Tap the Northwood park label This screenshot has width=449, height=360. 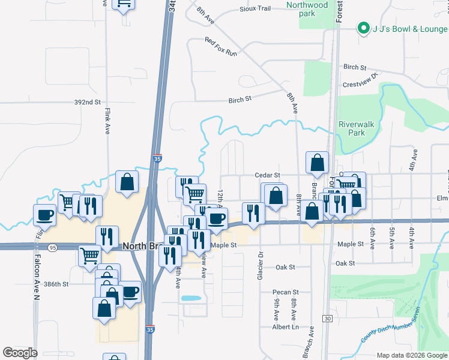pyautogui.click(x=315, y=9)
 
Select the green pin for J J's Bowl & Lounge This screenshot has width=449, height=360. pyautogui.click(x=363, y=28)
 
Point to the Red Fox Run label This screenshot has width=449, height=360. pyautogui.click(x=221, y=47)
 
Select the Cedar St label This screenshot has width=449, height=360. pyautogui.click(x=268, y=175)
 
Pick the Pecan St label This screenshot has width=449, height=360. pyautogui.click(x=286, y=292)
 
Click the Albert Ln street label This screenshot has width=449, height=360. pyautogui.click(x=285, y=327)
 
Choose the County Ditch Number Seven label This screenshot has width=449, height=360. pyautogui.click(x=390, y=327)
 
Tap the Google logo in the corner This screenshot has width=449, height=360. pyautogui.click(x=20, y=353)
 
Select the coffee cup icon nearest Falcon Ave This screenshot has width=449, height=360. pyautogui.click(x=45, y=214)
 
